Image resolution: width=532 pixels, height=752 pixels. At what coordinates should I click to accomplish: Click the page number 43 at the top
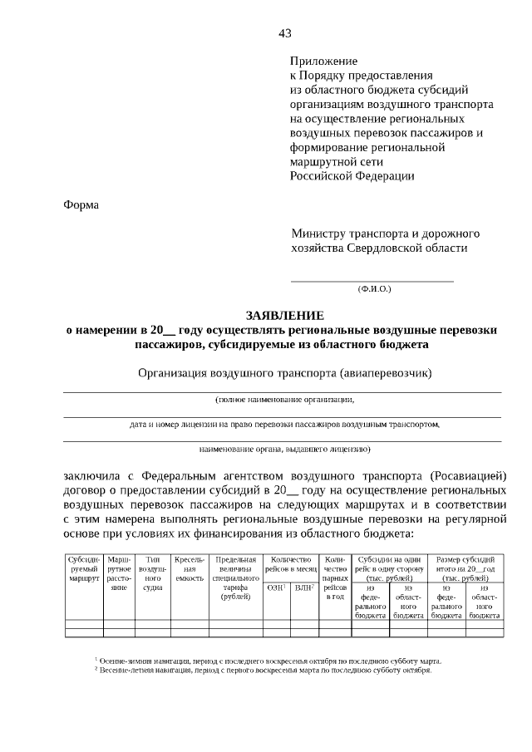click(x=285, y=33)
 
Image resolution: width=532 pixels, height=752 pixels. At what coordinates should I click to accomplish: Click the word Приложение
click(x=323, y=61)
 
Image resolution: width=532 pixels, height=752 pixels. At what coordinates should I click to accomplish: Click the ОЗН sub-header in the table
click(x=276, y=587)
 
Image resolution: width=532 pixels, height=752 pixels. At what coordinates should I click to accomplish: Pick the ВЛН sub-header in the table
click(x=304, y=587)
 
